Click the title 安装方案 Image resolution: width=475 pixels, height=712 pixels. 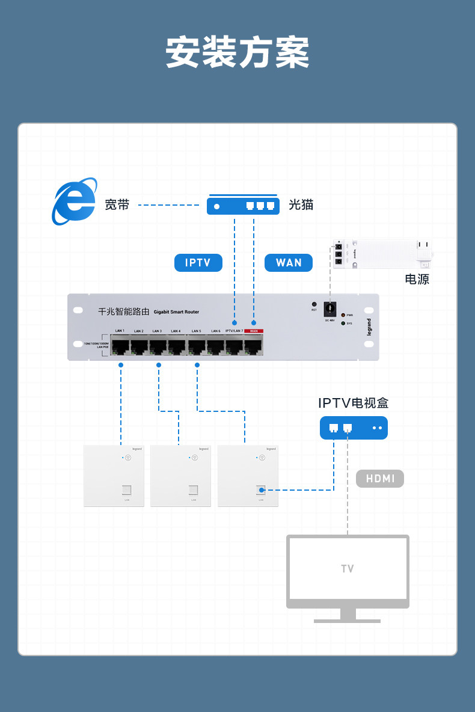pyautogui.click(x=237, y=53)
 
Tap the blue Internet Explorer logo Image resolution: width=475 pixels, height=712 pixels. pyautogui.click(x=74, y=201)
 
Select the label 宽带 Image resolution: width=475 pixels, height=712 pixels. pyautogui.click(x=117, y=205)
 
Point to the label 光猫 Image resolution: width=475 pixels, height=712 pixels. pyautogui.click(x=301, y=205)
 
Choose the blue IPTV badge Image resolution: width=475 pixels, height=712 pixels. pyautogui.click(x=198, y=263)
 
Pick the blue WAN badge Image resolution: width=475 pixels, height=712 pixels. pyautogui.click(x=289, y=263)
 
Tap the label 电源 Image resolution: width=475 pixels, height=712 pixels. pyautogui.click(x=417, y=279)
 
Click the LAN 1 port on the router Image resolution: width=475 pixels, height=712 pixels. pyautogui.click(x=120, y=346)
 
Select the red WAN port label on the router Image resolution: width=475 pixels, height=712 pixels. pyautogui.click(x=254, y=331)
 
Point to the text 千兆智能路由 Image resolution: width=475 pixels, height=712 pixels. pyautogui.click(x=123, y=311)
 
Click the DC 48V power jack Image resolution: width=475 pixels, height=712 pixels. pyautogui.click(x=329, y=309)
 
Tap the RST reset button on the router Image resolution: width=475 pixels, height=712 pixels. pyautogui.click(x=314, y=305)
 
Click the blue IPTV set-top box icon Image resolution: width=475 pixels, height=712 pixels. pyautogui.click(x=354, y=428)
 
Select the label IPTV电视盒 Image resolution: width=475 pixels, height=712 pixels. pyautogui.click(x=353, y=403)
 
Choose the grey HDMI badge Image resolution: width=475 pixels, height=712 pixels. pyautogui.click(x=380, y=479)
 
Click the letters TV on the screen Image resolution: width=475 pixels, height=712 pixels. pyautogui.click(x=348, y=569)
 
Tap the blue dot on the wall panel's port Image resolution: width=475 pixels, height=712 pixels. pyautogui.click(x=261, y=490)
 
